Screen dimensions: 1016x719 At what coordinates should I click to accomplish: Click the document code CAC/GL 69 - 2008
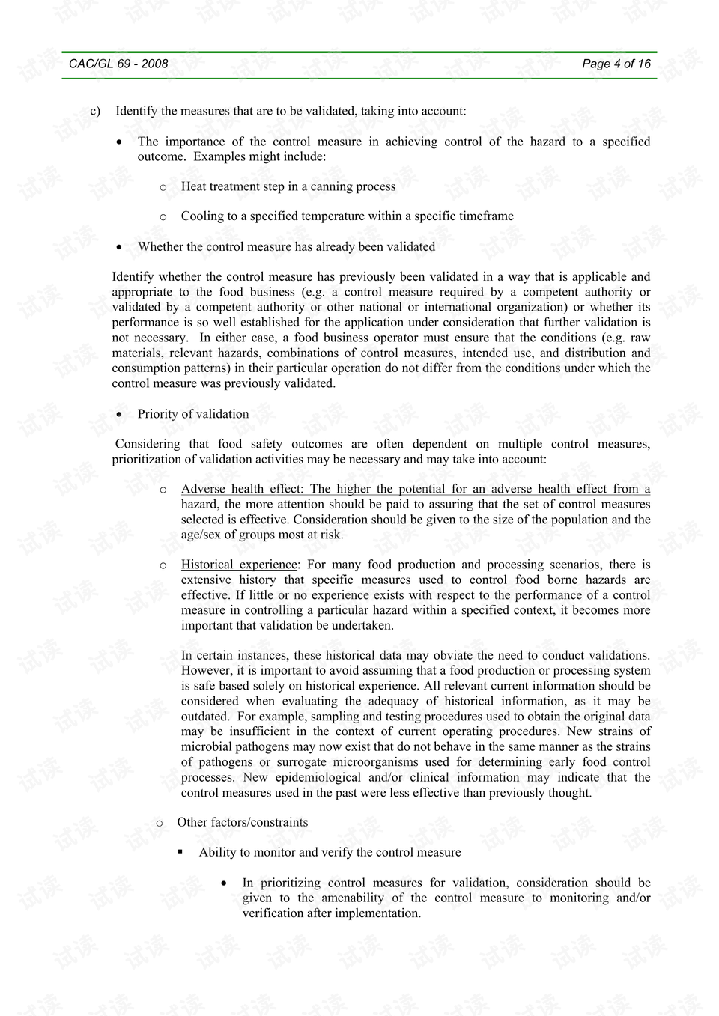(x=118, y=64)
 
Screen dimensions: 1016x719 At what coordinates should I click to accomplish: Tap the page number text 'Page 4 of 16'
(x=616, y=64)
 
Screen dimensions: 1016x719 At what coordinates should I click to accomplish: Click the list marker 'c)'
(x=95, y=112)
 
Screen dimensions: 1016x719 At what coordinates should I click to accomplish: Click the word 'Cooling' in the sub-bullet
(x=202, y=216)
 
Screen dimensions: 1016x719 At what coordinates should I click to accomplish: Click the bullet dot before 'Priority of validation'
(x=120, y=415)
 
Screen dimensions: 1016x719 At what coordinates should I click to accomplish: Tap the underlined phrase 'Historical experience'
(x=239, y=565)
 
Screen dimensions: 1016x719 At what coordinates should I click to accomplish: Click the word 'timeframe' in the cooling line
(x=486, y=216)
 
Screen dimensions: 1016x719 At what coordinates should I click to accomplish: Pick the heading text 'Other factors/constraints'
(x=243, y=822)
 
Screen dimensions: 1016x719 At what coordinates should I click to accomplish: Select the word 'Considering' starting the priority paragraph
(x=148, y=444)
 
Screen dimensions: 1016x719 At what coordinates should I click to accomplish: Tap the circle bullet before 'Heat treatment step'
(x=163, y=187)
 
